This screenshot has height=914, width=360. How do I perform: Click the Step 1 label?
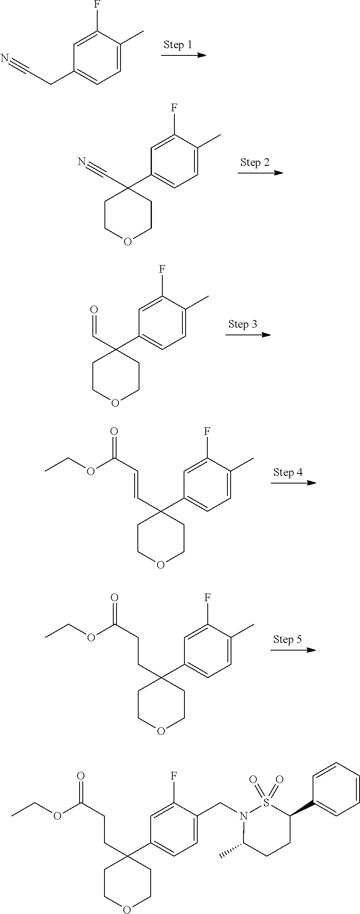pyautogui.click(x=178, y=45)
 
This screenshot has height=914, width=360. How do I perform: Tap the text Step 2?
pyautogui.click(x=255, y=162)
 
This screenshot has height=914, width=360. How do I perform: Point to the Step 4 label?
pyautogui.click(x=288, y=472)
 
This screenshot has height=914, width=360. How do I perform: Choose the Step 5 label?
pyautogui.click(x=287, y=639)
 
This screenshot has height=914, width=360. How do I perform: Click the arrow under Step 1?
pyautogui.click(x=183, y=55)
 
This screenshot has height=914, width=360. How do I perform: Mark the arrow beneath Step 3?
pyautogui.click(x=248, y=335)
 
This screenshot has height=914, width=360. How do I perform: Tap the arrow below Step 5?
pyautogui.click(x=293, y=650)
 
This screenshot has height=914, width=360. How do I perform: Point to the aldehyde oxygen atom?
pyautogui.click(x=94, y=310)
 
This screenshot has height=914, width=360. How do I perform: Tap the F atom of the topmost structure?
pyautogui.click(x=97, y=5)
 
